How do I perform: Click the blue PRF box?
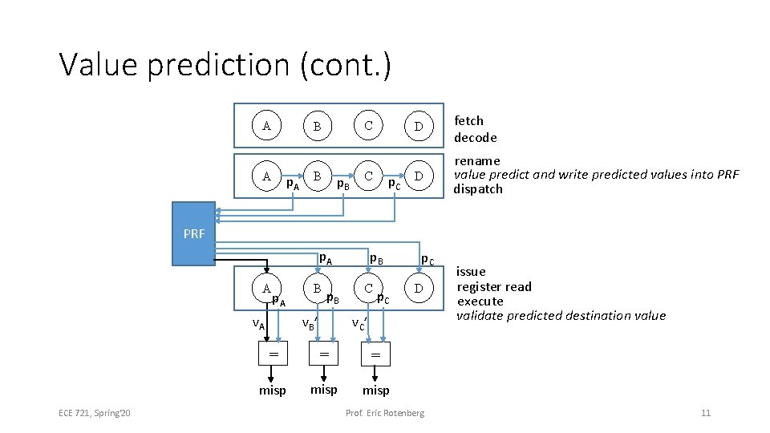pos(193,233)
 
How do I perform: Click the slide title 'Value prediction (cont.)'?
pos(225,66)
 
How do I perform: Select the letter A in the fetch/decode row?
pos(266,125)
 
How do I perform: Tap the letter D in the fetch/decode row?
pos(418,126)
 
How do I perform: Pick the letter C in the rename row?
pos(368,175)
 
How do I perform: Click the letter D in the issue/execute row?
pos(418,287)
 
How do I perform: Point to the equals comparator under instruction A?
pos(273,354)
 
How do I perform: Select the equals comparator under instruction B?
pos(324,354)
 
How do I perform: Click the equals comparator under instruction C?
pos(375,354)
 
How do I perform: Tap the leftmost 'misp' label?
pos(273,391)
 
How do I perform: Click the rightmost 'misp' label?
pos(375,391)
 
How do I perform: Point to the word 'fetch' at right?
pos(469,121)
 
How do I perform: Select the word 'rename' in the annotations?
pos(477,161)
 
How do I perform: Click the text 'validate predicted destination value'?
pos(561,316)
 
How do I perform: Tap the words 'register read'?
pos(494,287)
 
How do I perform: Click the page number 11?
pos(706,413)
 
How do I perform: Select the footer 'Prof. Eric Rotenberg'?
pos(385,413)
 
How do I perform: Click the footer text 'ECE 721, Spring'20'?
pos(95,413)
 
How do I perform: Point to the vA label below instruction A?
pos(258,324)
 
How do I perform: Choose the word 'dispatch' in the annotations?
pos(479,189)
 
